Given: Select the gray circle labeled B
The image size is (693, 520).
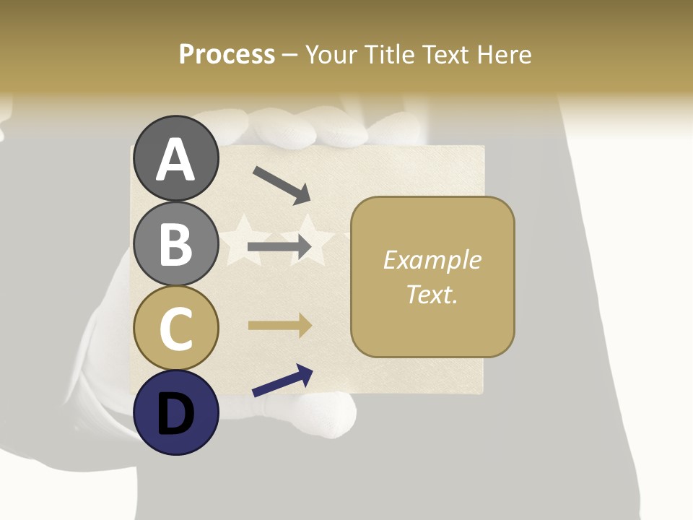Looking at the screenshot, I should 175,243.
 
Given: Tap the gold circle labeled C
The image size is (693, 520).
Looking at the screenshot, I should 175,329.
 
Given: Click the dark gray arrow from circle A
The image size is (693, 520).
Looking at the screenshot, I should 282,185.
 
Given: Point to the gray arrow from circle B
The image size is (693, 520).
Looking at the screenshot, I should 279,248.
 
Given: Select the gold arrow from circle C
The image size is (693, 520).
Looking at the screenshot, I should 279,325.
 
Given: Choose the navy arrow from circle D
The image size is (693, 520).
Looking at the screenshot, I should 282,381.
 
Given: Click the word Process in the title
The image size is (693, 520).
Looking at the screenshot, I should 227,55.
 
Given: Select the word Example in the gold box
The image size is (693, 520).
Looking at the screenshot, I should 432,260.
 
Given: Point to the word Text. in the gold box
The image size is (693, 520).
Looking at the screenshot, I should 432,294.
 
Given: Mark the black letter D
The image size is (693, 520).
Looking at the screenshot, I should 175,414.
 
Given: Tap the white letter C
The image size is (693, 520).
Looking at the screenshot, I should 175,329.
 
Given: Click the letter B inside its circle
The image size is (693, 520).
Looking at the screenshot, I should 175,243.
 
